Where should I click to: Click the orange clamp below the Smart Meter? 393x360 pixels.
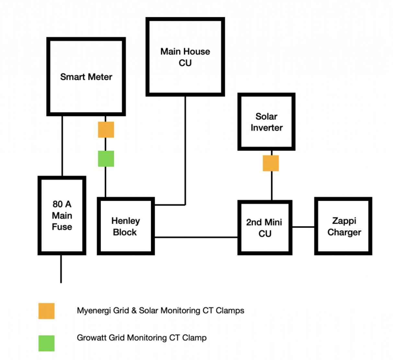[106, 130]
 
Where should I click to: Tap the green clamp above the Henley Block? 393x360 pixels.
[106, 158]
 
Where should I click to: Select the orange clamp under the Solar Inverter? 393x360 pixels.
[271, 163]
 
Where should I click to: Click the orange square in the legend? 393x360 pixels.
[46, 311]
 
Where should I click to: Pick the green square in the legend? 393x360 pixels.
[46, 343]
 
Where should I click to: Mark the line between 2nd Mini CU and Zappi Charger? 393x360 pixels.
[303, 227]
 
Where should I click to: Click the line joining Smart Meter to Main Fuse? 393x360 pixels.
[62, 146]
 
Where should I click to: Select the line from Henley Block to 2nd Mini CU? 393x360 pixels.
[196, 237]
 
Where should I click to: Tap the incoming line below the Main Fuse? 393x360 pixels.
[61, 269]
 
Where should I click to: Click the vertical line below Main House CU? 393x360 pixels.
[185, 151]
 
